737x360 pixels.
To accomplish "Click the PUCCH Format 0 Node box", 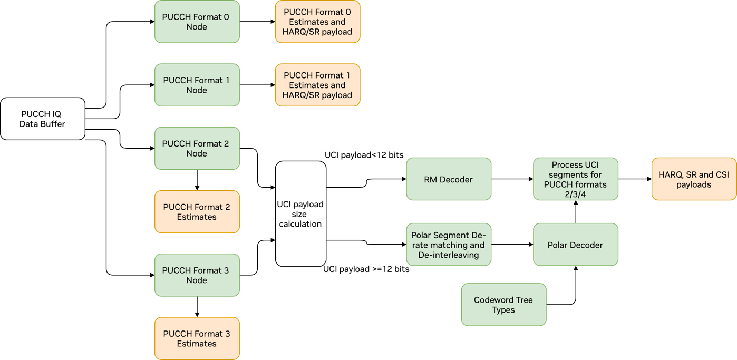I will coord(197,22).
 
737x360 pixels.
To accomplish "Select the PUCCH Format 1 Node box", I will coord(197,85).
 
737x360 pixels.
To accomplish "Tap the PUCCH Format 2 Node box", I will coord(197,148).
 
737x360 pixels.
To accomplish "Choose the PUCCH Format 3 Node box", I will coord(197,275).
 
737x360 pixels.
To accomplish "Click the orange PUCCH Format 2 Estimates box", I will coord(197,211).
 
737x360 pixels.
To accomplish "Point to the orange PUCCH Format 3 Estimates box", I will coord(197,338).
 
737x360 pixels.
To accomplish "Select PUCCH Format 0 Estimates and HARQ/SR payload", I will coord(317,22).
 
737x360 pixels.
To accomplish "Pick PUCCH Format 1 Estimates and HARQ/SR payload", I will coord(317,85).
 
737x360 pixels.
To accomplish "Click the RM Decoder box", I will coord(449,179).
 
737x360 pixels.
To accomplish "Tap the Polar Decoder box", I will coord(575,245).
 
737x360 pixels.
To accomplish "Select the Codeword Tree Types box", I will coord(503,305).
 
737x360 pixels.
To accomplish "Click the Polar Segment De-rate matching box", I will coord(449,245).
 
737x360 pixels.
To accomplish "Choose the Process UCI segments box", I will coord(575,179).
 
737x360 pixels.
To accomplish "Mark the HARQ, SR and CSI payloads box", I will coord(694,179).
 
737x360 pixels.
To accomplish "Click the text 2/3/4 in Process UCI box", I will coord(575,194).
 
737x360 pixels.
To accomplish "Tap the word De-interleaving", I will coord(449,255).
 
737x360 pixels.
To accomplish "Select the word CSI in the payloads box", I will coord(722,174).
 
